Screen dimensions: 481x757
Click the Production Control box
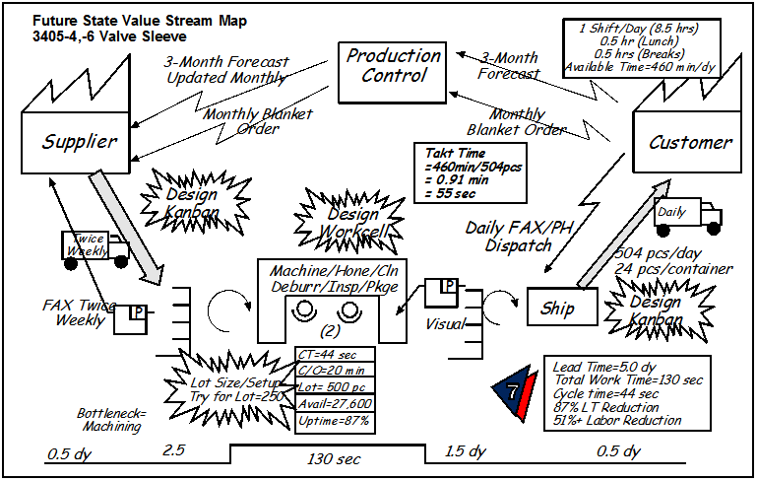pyautogui.click(x=394, y=65)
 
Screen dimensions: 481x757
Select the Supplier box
pyautogui.click(x=80, y=141)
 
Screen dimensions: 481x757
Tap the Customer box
pyautogui.click(x=689, y=142)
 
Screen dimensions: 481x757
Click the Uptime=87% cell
pyautogui.click(x=334, y=422)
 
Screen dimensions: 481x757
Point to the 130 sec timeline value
pyautogui.click(x=328, y=460)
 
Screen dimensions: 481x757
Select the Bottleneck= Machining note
pyautogui.click(x=110, y=419)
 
